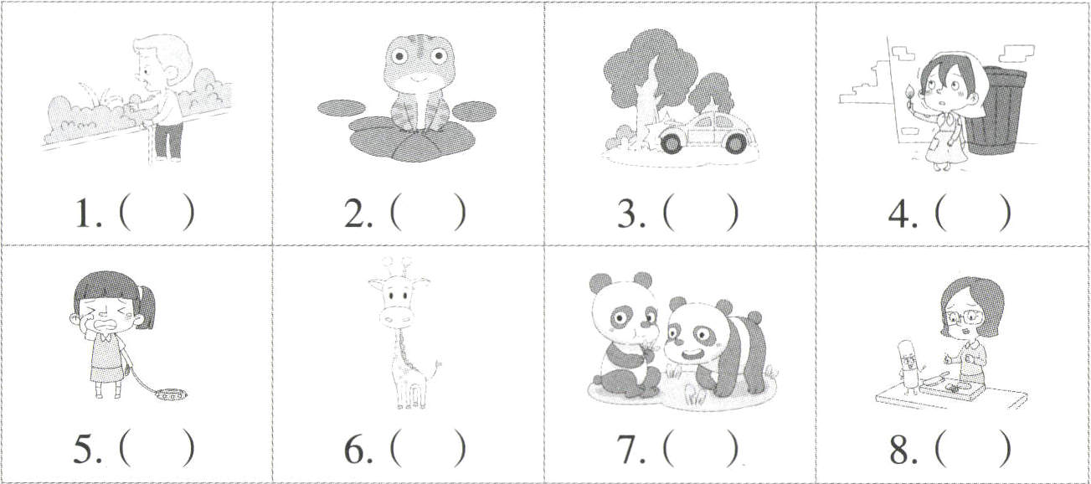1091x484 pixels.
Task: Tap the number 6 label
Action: pyautogui.click(x=358, y=449)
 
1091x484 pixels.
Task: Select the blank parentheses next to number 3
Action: pyautogui.click(x=701, y=213)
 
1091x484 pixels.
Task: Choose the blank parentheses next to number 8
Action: pyautogui.click(x=973, y=448)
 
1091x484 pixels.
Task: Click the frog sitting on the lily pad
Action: pyautogui.click(x=419, y=83)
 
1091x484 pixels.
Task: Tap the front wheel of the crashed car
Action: pyautogui.click(x=672, y=142)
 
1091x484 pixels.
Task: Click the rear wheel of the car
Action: pyautogui.click(x=734, y=142)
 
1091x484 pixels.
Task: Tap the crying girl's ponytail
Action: pyautogui.click(x=147, y=306)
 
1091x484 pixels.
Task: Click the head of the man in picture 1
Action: pyautogui.click(x=161, y=64)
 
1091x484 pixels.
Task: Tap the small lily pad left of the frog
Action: pyautogui.click(x=342, y=108)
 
